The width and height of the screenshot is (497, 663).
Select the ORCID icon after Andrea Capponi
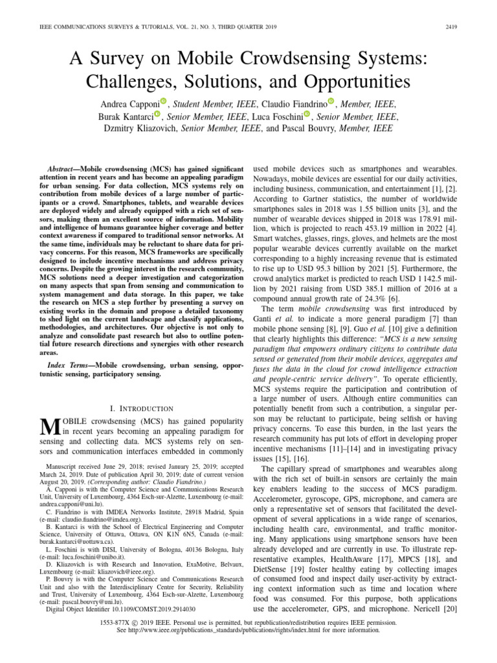click(163, 101)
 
